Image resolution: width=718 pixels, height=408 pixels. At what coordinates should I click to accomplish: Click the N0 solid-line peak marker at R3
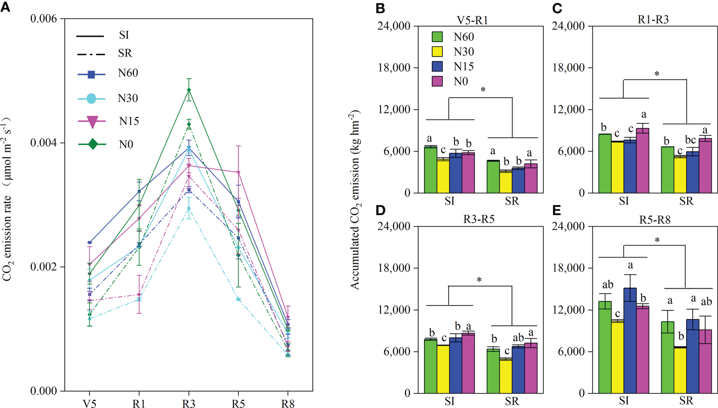(x=189, y=89)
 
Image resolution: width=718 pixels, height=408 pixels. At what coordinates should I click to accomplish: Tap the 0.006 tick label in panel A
(x=44, y=19)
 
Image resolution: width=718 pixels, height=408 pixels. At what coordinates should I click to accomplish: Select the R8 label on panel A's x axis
(x=288, y=404)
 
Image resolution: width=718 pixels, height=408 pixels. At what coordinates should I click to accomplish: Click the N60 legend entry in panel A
(x=128, y=73)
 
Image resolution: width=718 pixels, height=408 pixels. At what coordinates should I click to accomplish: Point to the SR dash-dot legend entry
(x=124, y=53)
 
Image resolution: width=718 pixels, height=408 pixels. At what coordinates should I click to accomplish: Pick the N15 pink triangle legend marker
(x=92, y=121)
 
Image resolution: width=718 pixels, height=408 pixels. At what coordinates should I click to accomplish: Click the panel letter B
(x=381, y=8)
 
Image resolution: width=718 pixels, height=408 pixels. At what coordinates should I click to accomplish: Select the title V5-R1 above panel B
(x=472, y=20)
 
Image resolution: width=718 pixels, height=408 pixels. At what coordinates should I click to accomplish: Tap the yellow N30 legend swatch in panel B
(x=437, y=52)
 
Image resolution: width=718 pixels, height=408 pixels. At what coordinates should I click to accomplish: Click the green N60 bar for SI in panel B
(x=431, y=170)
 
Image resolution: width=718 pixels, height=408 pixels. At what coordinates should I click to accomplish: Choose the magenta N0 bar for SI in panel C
(x=643, y=160)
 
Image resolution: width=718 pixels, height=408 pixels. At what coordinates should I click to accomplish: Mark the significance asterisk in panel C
(x=657, y=74)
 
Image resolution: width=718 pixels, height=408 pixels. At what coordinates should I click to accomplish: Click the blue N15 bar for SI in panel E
(x=630, y=340)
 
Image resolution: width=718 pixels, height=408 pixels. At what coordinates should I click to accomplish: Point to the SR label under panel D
(x=512, y=401)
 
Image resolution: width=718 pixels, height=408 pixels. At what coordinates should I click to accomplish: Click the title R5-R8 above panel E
(x=655, y=220)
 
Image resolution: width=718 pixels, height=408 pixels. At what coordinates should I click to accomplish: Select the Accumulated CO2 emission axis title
(x=356, y=200)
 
